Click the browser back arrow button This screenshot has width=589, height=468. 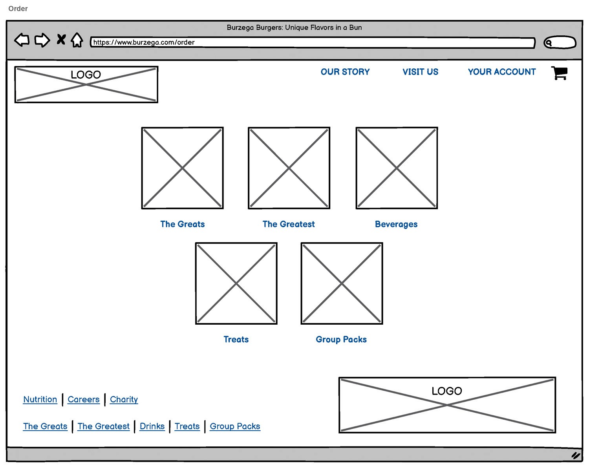22,40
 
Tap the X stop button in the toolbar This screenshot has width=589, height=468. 61,40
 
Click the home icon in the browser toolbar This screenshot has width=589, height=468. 77,40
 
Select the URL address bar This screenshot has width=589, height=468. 312,42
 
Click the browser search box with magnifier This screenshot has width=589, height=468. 560,42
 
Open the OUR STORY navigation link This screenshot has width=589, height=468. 345,72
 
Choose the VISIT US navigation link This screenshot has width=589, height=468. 420,72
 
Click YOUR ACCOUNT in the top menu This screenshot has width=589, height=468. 501,72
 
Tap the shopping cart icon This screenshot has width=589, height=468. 560,73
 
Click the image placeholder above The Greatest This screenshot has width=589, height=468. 289,168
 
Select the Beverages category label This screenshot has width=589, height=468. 396,224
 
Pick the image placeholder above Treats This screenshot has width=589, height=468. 236,283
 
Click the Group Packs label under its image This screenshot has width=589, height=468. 341,340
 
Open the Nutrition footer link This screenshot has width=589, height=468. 40,399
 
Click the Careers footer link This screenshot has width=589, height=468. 84,399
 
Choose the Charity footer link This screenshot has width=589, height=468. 124,399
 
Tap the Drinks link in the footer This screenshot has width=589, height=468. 152,426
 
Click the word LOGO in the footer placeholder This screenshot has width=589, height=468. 447,391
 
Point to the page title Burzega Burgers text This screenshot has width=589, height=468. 294,27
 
